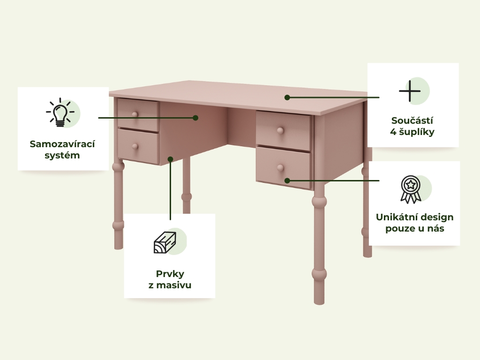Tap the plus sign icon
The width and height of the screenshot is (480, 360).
[x=410, y=91]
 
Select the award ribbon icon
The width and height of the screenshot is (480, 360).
[x=411, y=189]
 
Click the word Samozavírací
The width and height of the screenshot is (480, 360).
[x=62, y=144]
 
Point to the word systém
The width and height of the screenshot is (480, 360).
[x=62, y=156]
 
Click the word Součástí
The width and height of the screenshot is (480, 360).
[x=412, y=120]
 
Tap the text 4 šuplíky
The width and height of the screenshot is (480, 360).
[x=412, y=132]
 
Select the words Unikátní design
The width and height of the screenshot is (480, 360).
[x=414, y=217]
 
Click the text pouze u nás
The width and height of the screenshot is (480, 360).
[x=414, y=228]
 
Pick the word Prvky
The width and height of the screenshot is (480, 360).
[x=170, y=274]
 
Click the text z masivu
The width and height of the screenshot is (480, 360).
[x=170, y=285]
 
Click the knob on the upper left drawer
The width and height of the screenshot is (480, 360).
[x=135, y=114]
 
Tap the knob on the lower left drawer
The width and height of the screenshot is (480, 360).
[x=135, y=147]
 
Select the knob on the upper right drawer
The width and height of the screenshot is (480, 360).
[x=280, y=131]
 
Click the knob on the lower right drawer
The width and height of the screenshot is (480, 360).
[x=280, y=168]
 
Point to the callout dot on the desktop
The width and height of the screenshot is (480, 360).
[x=287, y=97]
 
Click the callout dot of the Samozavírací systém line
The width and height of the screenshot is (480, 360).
[x=195, y=118]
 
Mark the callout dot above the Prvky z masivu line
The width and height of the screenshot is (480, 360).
[x=171, y=159]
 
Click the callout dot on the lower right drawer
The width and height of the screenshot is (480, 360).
[x=287, y=180]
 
